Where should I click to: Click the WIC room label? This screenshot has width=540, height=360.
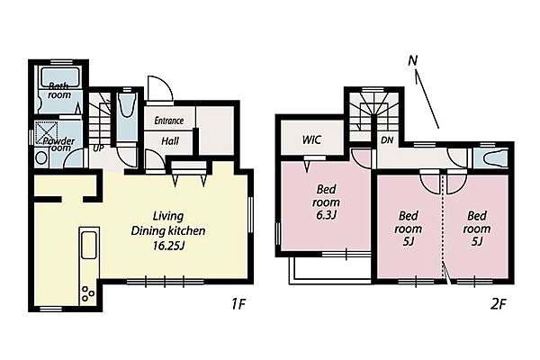(x=311, y=139)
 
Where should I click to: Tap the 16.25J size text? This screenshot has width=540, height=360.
(x=169, y=246)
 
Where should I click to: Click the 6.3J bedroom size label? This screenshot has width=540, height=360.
(x=326, y=215)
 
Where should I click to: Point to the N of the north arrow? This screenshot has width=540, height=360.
(x=412, y=60)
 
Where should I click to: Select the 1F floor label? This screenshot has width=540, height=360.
(x=238, y=304)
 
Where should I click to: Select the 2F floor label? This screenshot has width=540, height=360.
(x=498, y=304)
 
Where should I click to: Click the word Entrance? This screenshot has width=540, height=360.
(x=169, y=121)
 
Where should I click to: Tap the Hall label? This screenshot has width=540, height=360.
(x=170, y=140)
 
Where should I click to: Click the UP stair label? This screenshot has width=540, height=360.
(x=98, y=148)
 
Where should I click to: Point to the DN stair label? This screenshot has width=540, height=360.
(x=387, y=140)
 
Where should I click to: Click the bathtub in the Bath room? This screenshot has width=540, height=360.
(x=60, y=77)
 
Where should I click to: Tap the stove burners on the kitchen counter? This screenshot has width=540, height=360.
(x=87, y=293)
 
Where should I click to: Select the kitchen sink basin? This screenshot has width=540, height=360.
(x=89, y=245)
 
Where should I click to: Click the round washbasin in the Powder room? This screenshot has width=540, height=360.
(x=41, y=158)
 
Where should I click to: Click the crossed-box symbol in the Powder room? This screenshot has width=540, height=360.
(x=47, y=132)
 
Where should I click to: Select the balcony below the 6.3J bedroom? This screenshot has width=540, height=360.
(x=330, y=270)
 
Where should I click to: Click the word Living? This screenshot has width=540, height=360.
(x=168, y=216)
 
